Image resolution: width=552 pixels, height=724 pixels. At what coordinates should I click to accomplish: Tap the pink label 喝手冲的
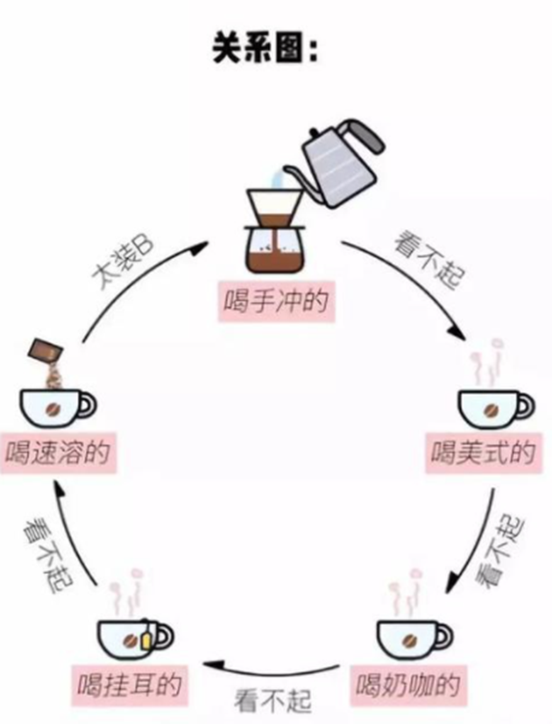(277, 301)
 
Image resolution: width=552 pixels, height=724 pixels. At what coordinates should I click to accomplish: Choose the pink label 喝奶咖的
(407, 685)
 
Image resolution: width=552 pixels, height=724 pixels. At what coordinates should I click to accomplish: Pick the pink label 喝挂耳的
(130, 685)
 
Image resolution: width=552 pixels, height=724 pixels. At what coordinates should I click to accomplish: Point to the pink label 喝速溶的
(58, 452)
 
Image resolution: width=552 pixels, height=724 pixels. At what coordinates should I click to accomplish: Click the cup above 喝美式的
(496, 410)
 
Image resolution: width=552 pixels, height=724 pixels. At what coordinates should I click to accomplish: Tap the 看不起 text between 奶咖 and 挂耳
(272, 701)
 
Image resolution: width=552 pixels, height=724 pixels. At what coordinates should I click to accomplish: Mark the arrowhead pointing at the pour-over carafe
(202, 248)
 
